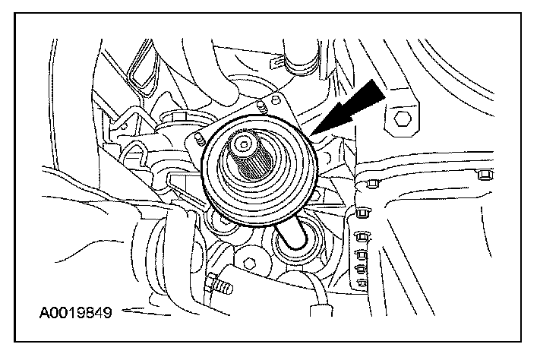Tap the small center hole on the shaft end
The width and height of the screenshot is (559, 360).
tap(243, 143)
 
